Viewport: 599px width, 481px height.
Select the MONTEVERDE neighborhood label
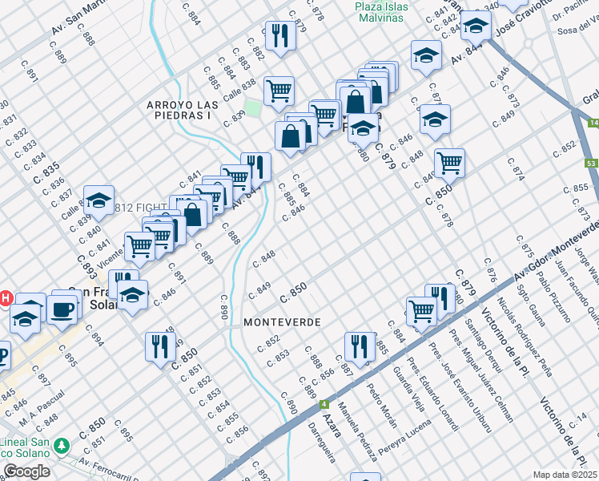(x=283, y=321)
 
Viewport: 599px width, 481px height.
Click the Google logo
(x=26, y=471)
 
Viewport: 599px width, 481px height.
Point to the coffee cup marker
(x=62, y=308)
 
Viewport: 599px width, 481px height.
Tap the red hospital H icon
(x=5, y=298)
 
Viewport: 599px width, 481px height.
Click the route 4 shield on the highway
(x=324, y=404)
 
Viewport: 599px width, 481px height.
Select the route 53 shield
(x=591, y=164)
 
